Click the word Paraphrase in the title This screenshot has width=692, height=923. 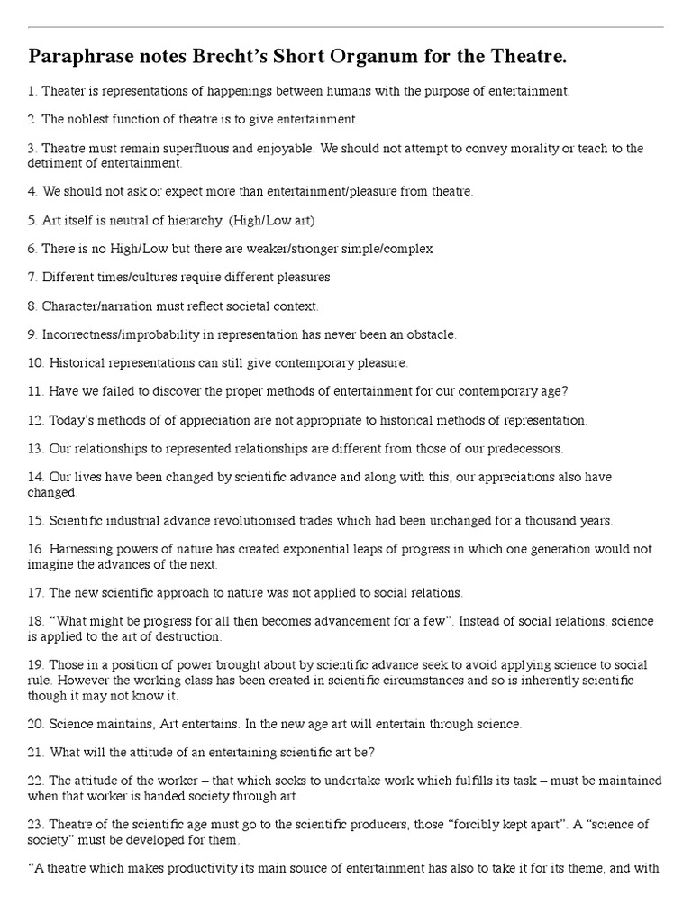tap(82, 58)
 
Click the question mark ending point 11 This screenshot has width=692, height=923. tap(565, 391)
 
